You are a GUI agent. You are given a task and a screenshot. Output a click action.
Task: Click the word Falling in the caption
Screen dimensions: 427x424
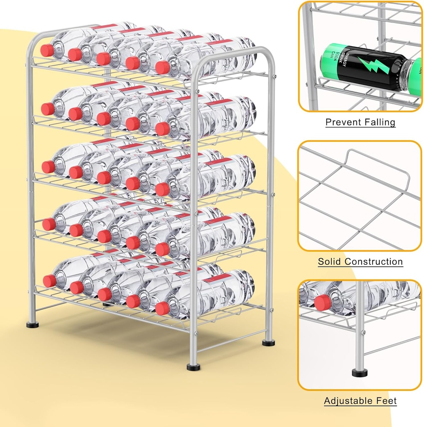pos(379,122)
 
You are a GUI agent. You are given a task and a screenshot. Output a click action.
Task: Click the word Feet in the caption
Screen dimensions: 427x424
pos(386,401)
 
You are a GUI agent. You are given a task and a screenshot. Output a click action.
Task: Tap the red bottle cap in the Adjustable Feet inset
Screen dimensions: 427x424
pos(323,302)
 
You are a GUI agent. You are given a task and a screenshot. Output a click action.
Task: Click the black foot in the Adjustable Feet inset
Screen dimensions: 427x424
pos(359,372)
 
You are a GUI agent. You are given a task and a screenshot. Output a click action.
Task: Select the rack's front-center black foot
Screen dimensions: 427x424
pos(193,367)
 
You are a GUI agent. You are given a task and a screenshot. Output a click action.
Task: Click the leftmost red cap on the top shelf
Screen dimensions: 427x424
pos(47,50)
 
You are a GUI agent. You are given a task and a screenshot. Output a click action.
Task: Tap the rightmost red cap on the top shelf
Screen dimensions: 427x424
pos(162,68)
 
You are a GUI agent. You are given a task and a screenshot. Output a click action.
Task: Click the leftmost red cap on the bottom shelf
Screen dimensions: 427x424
pos(50,281)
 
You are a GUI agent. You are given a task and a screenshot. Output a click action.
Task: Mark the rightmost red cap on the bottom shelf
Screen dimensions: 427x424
pos(162,308)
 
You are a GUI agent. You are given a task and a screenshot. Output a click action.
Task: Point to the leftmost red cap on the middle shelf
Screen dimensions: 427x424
pos(48,167)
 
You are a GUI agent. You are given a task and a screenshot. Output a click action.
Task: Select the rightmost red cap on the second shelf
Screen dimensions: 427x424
pos(163,128)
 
